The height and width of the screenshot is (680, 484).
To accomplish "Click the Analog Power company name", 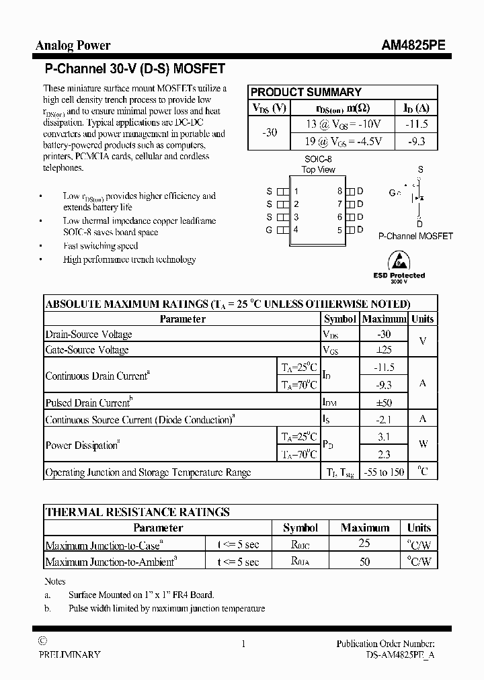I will pyautogui.click(x=73, y=46).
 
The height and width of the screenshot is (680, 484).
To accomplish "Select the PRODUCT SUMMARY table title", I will pyautogui.click(x=306, y=92).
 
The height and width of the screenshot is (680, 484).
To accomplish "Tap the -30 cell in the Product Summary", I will pyautogui.click(x=269, y=132).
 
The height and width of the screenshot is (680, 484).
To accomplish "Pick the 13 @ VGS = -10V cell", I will pyautogui.click(x=343, y=124).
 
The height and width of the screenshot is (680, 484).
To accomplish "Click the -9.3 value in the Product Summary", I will pyautogui.click(x=416, y=141).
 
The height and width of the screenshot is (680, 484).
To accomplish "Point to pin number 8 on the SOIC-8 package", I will pyautogui.click(x=340, y=192).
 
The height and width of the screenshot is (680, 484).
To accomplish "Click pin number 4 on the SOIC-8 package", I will pyautogui.click(x=296, y=230).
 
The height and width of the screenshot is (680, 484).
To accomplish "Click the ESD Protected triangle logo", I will pyautogui.click(x=399, y=259).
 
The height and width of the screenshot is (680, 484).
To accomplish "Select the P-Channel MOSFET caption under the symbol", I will pyautogui.click(x=415, y=237).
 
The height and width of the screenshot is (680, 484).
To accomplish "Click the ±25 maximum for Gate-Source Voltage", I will pyautogui.click(x=384, y=350).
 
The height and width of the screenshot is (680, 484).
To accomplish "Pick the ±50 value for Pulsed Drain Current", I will pyautogui.click(x=384, y=403).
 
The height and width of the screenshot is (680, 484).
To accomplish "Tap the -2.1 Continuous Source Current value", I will pyautogui.click(x=384, y=420).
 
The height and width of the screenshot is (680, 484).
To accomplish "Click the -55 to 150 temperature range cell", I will pyautogui.click(x=384, y=472).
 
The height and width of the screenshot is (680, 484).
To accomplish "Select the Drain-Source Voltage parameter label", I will pyautogui.click(x=89, y=335).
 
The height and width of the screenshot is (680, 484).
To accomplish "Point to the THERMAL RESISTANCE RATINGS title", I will pyautogui.click(x=137, y=512).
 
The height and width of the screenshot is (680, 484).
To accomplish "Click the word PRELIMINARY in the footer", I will pyautogui.click(x=69, y=654).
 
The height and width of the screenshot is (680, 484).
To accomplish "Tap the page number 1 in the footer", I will pyautogui.click(x=243, y=644).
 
